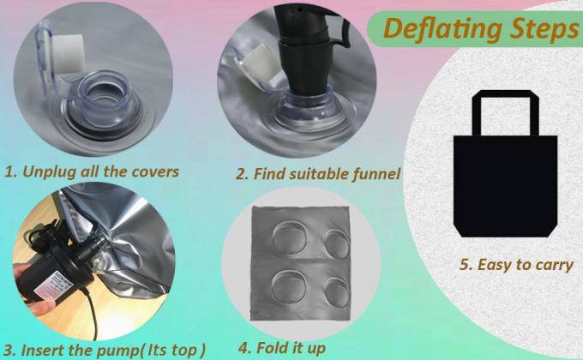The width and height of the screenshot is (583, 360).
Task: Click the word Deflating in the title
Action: click(443, 28)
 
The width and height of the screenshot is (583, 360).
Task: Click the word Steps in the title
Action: click(544, 28)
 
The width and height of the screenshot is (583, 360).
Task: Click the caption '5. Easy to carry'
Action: click(516, 265)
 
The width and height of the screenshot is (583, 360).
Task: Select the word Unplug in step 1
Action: click(48, 171)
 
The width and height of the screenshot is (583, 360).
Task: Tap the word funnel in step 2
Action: click(376, 174)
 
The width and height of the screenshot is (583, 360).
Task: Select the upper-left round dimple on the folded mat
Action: click(290, 237)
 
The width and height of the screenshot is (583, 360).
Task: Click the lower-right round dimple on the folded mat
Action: click(336, 291)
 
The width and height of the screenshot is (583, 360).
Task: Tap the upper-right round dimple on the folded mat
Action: click(336, 243)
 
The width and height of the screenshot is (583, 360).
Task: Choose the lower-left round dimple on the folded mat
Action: click(289, 285)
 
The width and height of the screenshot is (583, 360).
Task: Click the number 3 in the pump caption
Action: click(9, 351)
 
